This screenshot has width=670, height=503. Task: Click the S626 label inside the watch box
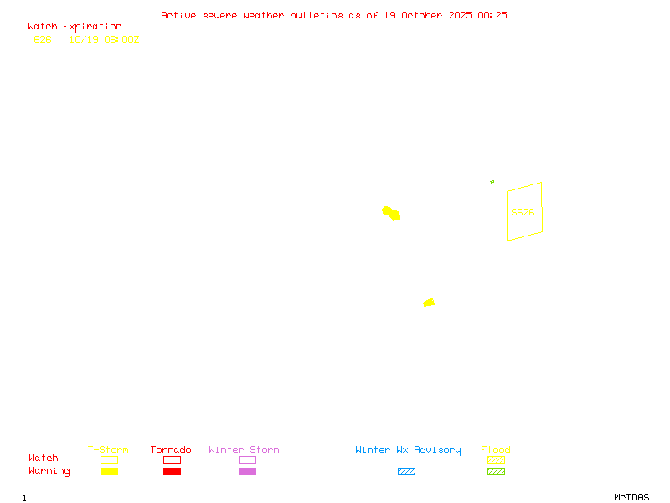coord(523,212)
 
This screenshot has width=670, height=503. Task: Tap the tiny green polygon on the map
coord(492,181)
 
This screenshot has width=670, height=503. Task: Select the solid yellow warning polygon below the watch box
coord(429,303)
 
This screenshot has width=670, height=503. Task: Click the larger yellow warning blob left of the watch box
coord(390,213)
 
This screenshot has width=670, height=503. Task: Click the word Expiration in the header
coord(92,27)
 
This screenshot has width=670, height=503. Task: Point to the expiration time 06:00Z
coord(119,39)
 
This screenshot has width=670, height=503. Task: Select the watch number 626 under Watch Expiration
coord(43,39)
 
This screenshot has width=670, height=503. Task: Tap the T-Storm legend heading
coord(108,449)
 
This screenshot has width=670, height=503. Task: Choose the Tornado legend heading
coord(171,449)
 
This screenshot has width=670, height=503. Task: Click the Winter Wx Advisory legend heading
coord(408,449)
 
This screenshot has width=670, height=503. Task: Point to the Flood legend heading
coord(496,449)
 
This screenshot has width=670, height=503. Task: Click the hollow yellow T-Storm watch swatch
coord(109,459)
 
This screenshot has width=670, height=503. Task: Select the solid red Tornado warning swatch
coord(172,471)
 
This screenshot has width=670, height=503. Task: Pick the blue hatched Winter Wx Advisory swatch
coord(406,471)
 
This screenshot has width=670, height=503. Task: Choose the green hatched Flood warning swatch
coord(496,471)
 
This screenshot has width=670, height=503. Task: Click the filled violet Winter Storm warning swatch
coord(247,471)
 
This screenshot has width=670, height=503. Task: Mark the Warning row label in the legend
coord(49,471)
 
